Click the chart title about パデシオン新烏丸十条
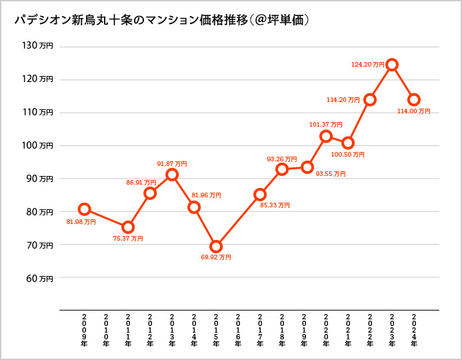point(162,21)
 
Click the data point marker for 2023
point(392,65)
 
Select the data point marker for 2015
point(216,247)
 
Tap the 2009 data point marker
point(85,209)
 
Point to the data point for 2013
point(172,175)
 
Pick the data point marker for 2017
point(260,195)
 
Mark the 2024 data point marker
point(414,100)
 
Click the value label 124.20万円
point(367,65)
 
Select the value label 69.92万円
point(216,257)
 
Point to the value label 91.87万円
point(172,164)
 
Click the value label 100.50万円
point(350,154)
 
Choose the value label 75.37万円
point(128,238)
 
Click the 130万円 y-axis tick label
point(37,46)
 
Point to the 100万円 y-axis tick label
point(37,145)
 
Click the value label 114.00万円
point(414,111)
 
